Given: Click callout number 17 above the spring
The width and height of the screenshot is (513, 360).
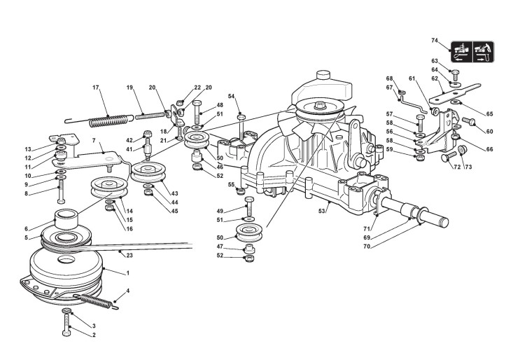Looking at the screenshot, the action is [96, 88].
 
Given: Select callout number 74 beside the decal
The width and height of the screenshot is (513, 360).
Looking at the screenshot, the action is [435, 41].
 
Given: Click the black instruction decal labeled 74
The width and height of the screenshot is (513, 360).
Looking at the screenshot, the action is [472, 52].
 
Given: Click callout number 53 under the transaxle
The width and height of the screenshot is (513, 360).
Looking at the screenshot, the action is [322, 211].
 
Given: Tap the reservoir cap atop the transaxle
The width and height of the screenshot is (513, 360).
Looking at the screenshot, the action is [323, 75].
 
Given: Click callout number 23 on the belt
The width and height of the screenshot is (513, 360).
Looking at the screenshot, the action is [129, 255].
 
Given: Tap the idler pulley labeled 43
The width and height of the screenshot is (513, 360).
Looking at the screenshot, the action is [148, 172].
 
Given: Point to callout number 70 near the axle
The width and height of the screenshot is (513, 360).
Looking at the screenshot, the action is [367, 247].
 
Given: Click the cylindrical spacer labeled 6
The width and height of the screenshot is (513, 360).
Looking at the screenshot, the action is [66, 219].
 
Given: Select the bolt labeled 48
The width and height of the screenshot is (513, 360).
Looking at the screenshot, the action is [197, 112].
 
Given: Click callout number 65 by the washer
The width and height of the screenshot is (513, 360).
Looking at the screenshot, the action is [489, 114].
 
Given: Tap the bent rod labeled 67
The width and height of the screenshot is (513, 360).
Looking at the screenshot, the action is [414, 104].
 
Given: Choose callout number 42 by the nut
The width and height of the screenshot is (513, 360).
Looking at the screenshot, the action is [129, 140].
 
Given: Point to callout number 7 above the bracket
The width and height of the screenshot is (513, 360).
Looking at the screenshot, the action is [94, 140].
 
